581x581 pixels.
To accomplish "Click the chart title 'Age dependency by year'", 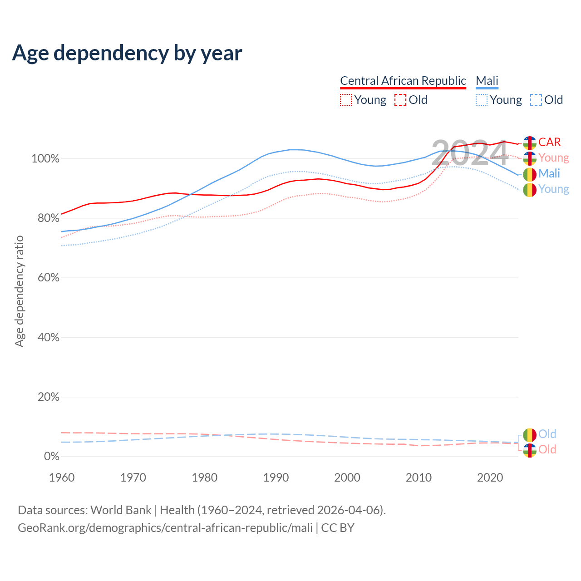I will (x=127, y=53).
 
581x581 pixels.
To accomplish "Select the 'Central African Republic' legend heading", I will (x=403, y=81).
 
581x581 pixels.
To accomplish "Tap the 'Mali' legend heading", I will (x=487, y=81).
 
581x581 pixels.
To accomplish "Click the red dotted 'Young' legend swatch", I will (x=346, y=100).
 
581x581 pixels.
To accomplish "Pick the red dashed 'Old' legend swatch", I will (x=400, y=100).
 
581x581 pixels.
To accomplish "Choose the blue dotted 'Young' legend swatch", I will (x=482, y=100).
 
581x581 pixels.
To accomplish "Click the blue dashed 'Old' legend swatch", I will (x=536, y=100).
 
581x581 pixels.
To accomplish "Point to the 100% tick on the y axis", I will (x=45, y=159).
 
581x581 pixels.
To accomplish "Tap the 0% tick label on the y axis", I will (x=51, y=457).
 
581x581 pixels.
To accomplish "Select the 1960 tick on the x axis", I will (x=62, y=478).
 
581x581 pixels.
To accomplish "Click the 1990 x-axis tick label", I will (x=276, y=478).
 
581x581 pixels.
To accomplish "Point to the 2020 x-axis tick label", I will (x=490, y=478).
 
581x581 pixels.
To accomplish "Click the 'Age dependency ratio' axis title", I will (x=19, y=291).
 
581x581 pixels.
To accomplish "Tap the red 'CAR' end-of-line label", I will (x=550, y=142).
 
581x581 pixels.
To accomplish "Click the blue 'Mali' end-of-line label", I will (x=549, y=173).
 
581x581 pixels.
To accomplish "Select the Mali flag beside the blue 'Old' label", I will (x=530, y=434).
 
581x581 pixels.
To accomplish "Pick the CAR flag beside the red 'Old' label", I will (x=530, y=450).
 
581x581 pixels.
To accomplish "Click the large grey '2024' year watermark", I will (x=469, y=153).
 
